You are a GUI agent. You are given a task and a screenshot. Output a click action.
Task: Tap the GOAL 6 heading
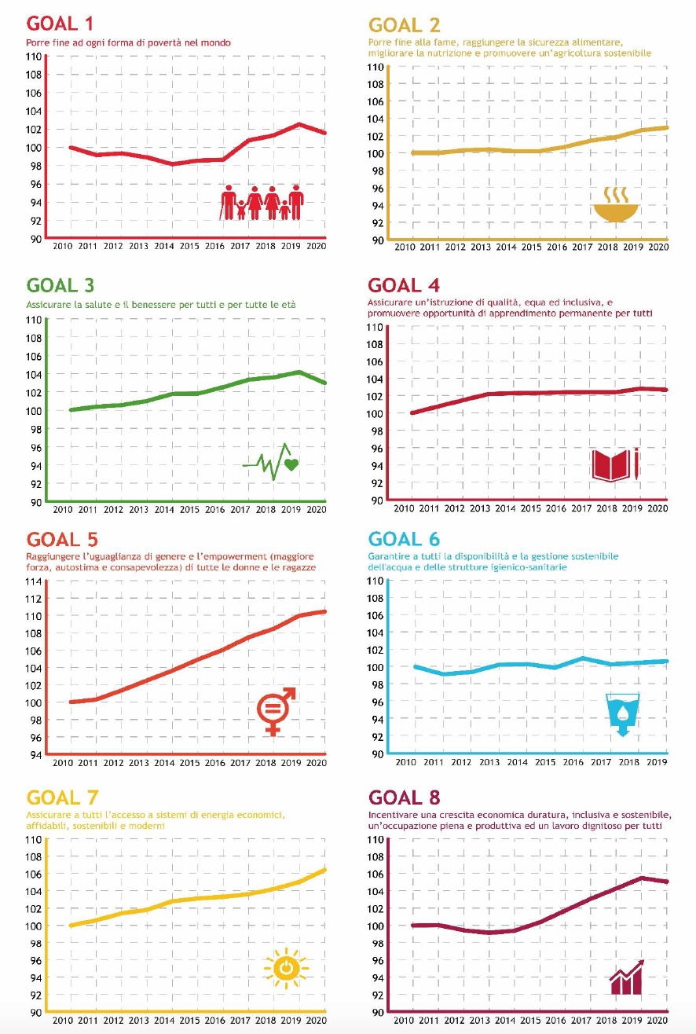pos(404,539)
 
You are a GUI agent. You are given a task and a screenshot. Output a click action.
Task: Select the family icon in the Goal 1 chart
pos(262,203)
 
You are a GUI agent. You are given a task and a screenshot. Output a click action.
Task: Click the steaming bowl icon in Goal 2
pos(616,203)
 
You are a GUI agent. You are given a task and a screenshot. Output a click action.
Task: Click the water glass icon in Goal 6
pos(621,713)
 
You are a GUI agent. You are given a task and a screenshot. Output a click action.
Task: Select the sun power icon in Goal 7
pos(285,968)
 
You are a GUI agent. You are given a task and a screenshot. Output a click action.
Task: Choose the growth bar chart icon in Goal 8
pos(626,977)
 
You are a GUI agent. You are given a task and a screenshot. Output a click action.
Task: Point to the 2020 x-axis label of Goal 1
pos(316,246)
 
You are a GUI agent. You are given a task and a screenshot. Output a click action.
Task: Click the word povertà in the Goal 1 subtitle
pos(170,42)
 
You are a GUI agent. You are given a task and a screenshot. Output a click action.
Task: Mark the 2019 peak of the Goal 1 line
pos(299,124)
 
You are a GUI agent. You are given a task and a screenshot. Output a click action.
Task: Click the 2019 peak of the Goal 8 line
pos(641,878)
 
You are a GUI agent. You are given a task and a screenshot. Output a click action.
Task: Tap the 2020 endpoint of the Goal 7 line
pos(325,869)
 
